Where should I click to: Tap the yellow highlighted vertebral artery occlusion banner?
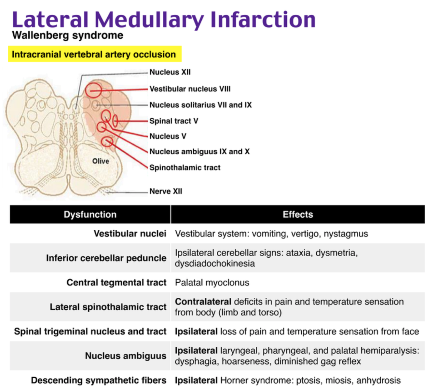pyautogui.click(x=95, y=54)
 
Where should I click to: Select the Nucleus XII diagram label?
pyautogui.click(x=170, y=72)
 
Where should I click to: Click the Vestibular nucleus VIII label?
pyautogui.click(x=190, y=89)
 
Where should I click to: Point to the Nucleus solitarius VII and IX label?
pyautogui.click(x=201, y=105)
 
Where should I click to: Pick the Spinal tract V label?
pyautogui.click(x=174, y=121)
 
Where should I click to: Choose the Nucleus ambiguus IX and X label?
pyautogui.click(x=199, y=152)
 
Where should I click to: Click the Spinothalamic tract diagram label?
pyautogui.click(x=185, y=168)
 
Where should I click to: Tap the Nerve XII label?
pyautogui.click(x=166, y=191)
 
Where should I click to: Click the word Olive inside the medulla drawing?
pyautogui.click(x=101, y=161)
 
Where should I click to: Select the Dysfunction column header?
pyautogui.click(x=90, y=214)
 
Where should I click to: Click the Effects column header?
pyautogui.click(x=298, y=214)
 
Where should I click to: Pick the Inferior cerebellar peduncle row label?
pyautogui.click(x=106, y=258)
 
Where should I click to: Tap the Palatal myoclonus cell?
pyautogui.click(x=212, y=283)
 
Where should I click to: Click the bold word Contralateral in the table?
pyautogui.click(x=203, y=302)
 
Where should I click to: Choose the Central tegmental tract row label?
pyautogui.click(x=117, y=282)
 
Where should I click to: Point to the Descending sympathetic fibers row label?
pyautogui.click(x=99, y=380)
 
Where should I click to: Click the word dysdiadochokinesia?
pyautogui.click(x=215, y=263)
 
